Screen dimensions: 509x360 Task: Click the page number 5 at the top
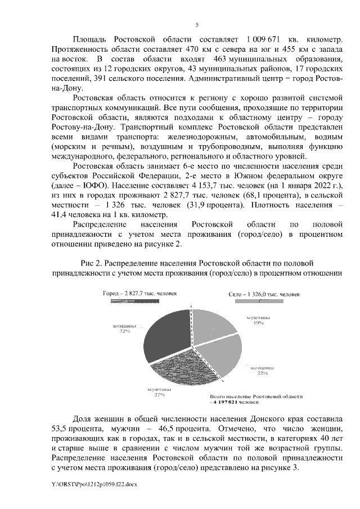click(x=196, y=25)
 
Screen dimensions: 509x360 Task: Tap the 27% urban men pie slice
click(x=180, y=369)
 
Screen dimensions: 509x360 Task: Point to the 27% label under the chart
click(x=160, y=395)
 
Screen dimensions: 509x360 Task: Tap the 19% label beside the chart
click(x=259, y=323)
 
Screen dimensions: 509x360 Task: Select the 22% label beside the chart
click(x=262, y=372)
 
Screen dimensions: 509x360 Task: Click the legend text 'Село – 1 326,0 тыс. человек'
click(x=264, y=294)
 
